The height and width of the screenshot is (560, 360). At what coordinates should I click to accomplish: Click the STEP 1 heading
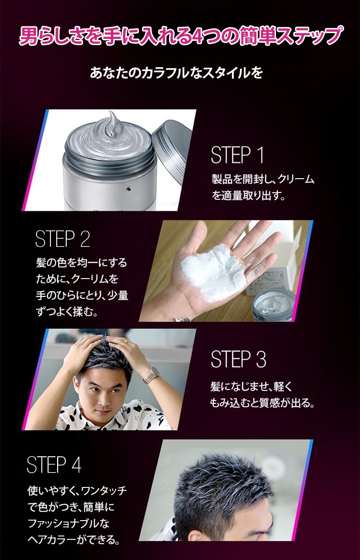237,155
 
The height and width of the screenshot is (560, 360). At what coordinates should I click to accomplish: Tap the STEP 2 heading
63,239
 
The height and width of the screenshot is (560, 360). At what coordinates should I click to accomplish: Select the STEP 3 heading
239,359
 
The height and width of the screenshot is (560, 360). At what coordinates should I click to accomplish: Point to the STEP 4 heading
54,464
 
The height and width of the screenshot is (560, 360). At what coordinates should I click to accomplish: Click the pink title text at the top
180,36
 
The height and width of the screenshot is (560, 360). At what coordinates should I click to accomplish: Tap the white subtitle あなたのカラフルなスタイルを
177,73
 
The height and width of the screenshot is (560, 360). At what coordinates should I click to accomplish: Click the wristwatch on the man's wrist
152,375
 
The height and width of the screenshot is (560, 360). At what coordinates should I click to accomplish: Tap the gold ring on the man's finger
126,342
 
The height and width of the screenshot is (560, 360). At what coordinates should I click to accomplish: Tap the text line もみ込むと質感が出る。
263,403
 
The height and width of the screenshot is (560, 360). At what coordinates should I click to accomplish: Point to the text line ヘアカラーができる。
73,539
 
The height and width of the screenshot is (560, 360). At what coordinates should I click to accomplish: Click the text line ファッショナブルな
69,523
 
